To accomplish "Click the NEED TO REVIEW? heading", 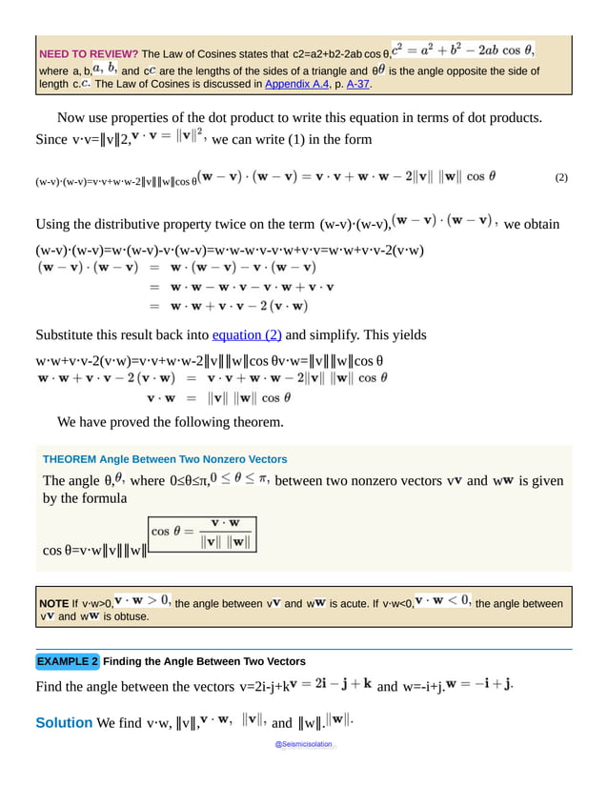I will (x=87, y=54).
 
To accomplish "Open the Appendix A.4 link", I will (x=296, y=84).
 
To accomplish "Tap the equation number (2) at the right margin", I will (x=560, y=178).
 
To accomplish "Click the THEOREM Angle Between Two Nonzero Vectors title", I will (x=165, y=459).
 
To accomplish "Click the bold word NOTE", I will (x=53, y=603).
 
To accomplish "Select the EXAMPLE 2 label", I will (x=68, y=661).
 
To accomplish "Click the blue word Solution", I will (x=64, y=723).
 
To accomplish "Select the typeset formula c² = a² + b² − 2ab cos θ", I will (x=463, y=50).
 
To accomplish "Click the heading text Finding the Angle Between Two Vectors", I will (x=204, y=661).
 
